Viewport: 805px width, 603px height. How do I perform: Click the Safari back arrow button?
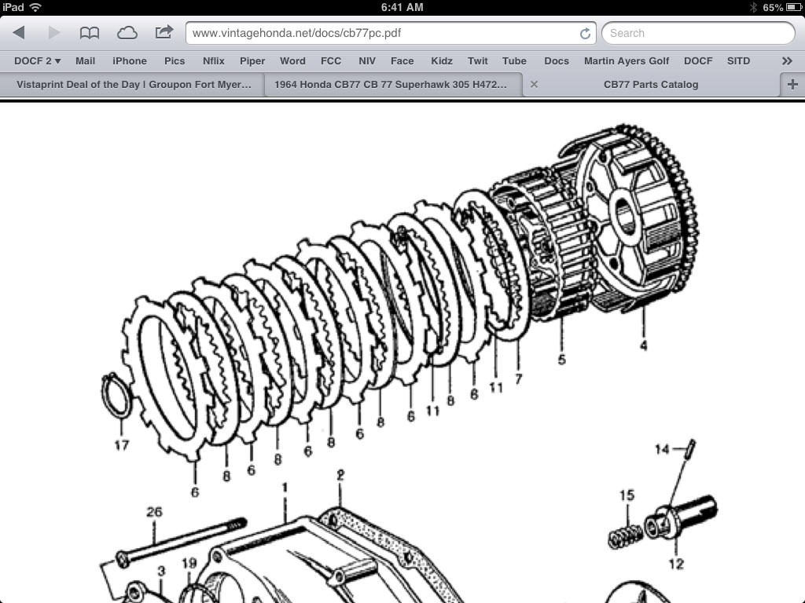point(20,33)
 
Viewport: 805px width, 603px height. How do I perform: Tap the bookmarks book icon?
point(90,33)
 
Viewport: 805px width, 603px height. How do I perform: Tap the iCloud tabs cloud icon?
point(127,33)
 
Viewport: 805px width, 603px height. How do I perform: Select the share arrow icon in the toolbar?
point(164,32)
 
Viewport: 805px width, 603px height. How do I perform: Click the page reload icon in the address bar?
point(585,33)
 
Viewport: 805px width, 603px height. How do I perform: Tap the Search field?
point(698,33)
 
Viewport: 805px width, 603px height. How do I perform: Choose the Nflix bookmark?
point(213,60)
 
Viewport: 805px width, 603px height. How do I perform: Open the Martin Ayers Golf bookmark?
point(627,60)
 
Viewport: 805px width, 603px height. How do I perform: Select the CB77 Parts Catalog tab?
point(650,84)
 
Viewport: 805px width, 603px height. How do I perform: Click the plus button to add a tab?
point(792,84)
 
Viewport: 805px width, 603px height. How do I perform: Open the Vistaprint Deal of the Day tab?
point(134,84)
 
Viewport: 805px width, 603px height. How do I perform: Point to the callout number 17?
point(121,444)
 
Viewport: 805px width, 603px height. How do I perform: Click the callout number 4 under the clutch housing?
point(643,345)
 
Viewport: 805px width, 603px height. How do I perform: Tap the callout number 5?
point(561,360)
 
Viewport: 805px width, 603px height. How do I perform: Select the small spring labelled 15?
point(626,535)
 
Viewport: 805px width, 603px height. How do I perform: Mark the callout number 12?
point(675,563)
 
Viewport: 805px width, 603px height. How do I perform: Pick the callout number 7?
point(518,378)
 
